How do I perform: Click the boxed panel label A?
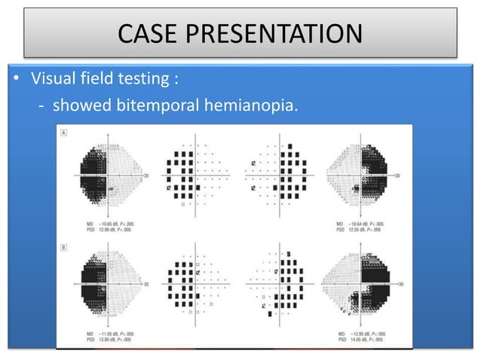tap(66, 132)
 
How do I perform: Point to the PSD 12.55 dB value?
tap(366, 230)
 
